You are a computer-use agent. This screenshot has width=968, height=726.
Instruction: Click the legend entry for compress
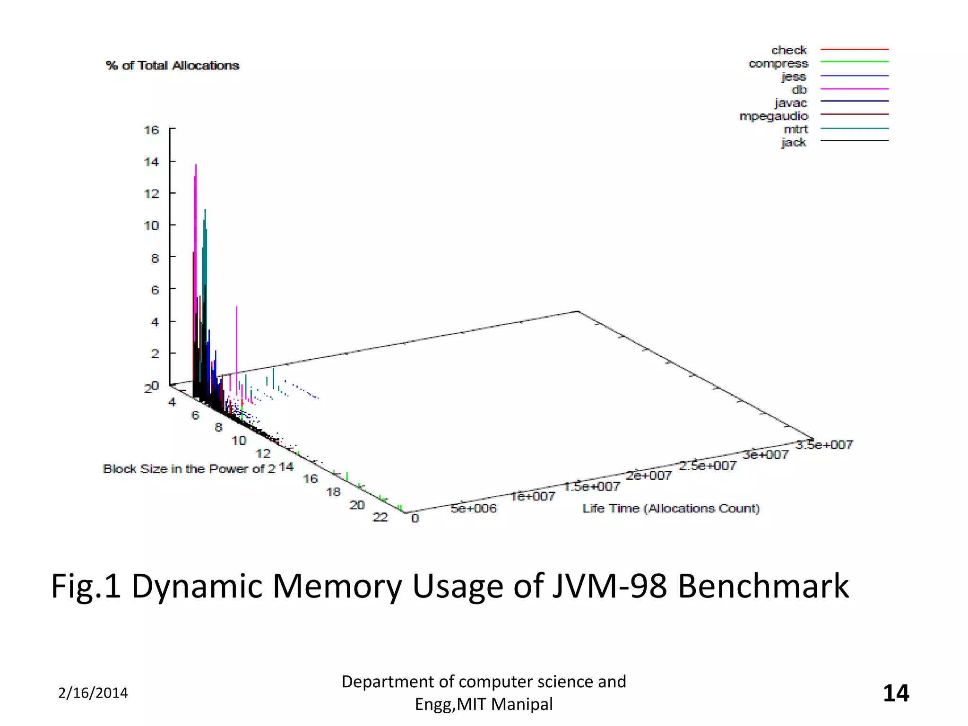click(x=778, y=63)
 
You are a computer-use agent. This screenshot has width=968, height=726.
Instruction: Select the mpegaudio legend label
click(x=774, y=116)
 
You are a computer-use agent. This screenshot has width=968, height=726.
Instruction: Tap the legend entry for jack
click(x=794, y=142)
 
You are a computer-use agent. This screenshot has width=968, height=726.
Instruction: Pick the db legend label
click(x=799, y=89)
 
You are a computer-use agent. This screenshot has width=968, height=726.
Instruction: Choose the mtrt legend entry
click(x=796, y=129)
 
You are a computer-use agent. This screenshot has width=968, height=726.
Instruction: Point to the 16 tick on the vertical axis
click(x=151, y=130)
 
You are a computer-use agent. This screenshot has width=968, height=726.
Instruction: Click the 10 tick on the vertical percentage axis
click(x=151, y=225)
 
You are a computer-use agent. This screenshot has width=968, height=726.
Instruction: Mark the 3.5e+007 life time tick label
click(x=824, y=445)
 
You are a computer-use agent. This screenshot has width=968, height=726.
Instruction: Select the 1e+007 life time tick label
click(x=533, y=496)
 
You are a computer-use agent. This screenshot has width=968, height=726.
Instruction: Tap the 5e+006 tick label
click(x=474, y=509)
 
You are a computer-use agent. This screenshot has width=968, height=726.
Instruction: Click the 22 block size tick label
click(x=380, y=517)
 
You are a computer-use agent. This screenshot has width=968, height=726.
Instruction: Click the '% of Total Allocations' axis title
click(x=173, y=66)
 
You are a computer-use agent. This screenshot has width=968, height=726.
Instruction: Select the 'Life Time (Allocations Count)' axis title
click(x=671, y=509)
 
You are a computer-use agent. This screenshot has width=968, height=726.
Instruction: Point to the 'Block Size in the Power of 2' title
click(x=189, y=469)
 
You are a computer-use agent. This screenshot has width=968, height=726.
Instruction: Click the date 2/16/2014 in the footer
click(x=93, y=693)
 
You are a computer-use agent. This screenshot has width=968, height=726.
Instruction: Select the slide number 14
click(x=896, y=693)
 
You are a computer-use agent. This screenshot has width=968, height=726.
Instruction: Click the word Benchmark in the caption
click(x=763, y=586)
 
